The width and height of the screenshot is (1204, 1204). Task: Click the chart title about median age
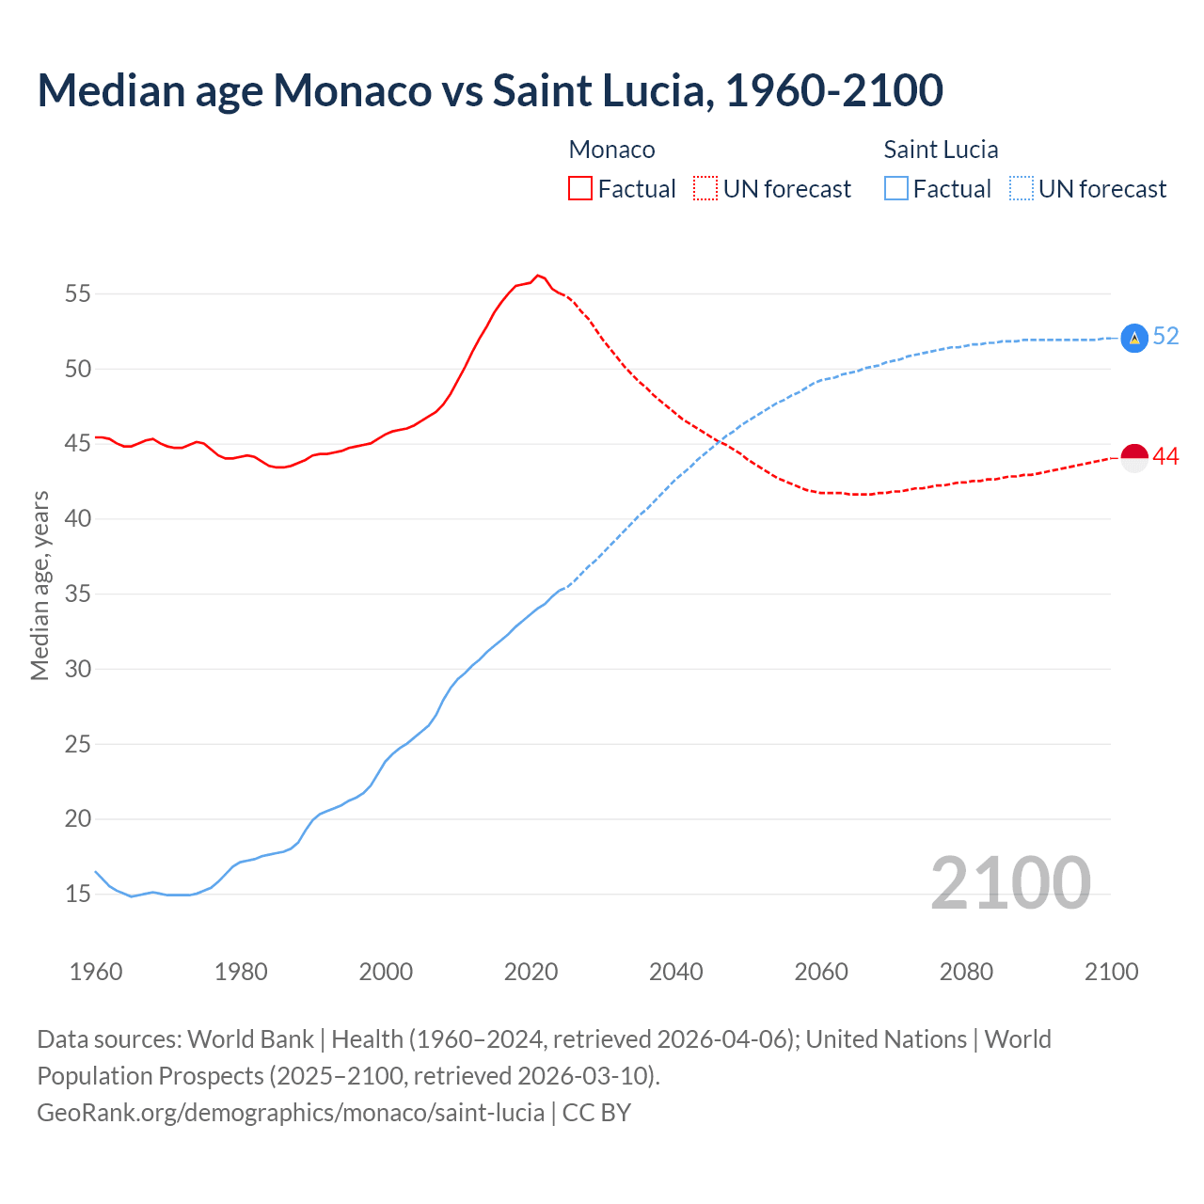click(x=489, y=90)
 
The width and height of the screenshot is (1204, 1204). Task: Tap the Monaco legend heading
click(x=611, y=150)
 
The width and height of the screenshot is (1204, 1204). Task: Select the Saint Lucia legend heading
click(x=941, y=150)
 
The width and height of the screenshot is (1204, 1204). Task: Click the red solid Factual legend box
click(x=580, y=188)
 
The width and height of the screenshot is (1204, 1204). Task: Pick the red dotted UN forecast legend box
click(x=705, y=188)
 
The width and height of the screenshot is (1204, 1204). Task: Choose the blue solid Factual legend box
click(x=896, y=188)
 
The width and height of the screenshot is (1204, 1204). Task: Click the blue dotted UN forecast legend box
click(x=1022, y=188)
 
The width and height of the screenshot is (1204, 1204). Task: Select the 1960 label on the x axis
click(x=96, y=972)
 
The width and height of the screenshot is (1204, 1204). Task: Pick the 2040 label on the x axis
click(x=675, y=972)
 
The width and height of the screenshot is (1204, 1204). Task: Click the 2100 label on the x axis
click(x=1111, y=972)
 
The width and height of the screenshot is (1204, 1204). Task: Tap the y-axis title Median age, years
click(x=40, y=585)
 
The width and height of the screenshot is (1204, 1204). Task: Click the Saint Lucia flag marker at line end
click(x=1134, y=338)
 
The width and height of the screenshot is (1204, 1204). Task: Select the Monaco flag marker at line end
click(x=1134, y=457)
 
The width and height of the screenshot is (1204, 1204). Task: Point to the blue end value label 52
click(x=1165, y=336)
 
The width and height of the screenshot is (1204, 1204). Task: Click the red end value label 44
click(x=1165, y=456)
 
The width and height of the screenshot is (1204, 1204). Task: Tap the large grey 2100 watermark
click(x=1010, y=882)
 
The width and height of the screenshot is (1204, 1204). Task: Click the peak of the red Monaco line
click(x=537, y=276)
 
